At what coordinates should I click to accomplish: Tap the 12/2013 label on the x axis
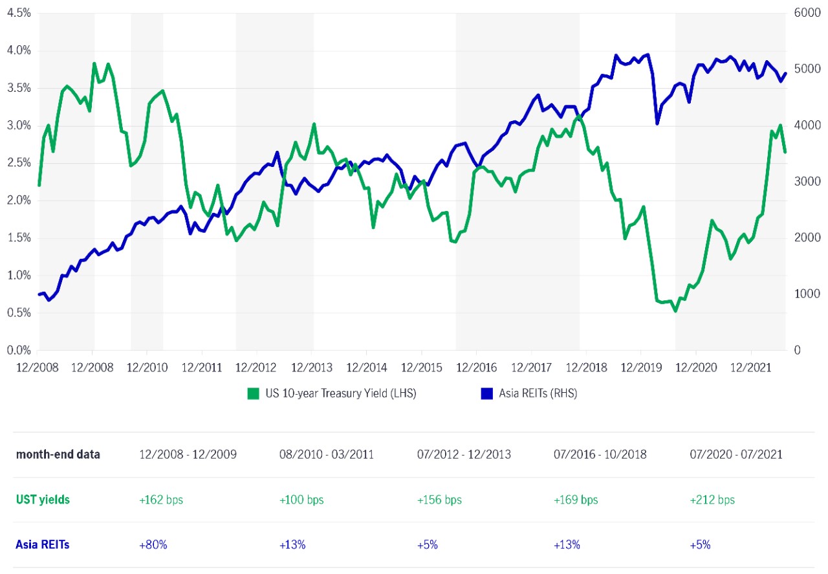pos(312,368)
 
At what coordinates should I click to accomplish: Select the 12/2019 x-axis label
pos(640,368)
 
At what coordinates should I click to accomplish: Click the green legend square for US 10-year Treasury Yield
pos(254,393)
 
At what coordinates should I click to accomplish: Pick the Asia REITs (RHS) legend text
pos(538,393)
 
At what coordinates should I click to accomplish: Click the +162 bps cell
pos(161,500)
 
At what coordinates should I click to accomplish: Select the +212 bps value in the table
pos(713,500)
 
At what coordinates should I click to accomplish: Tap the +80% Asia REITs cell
pos(153,545)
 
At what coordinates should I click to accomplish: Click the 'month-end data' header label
pos(58,454)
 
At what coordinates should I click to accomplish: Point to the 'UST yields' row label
pos(43,500)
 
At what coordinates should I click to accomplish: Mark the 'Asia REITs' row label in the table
pos(43,545)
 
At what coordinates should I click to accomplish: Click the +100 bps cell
pos(301,500)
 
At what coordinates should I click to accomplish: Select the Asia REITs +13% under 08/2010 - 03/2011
pos(292,545)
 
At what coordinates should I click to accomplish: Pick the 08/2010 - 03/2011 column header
pos(326,454)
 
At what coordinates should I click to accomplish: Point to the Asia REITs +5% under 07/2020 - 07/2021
pos(701,545)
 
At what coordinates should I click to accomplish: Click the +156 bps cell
pos(439,500)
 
